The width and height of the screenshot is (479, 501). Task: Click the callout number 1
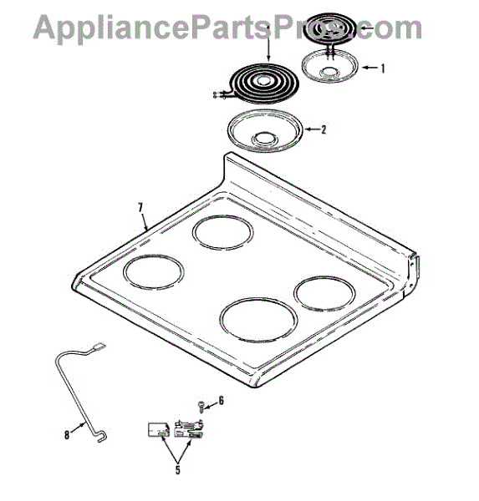[x=382, y=68]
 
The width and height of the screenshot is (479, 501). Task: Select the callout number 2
[x=324, y=129]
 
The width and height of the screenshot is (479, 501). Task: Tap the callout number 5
[x=177, y=470]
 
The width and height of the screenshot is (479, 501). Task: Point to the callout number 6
[x=221, y=400]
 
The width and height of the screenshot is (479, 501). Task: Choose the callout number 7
[x=140, y=208]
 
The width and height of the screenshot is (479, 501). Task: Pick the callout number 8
[x=67, y=434]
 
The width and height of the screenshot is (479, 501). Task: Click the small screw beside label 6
[x=201, y=407]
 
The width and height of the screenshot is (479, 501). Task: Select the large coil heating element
[x=263, y=83]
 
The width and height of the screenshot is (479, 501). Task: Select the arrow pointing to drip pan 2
[x=312, y=129]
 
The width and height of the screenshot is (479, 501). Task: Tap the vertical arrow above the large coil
[x=268, y=43]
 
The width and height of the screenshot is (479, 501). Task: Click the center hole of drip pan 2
[x=264, y=139]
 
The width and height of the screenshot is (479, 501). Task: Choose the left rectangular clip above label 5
[x=158, y=430]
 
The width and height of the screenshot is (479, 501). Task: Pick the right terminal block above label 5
[x=189, y=428]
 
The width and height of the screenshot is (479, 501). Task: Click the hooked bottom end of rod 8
[x=101, y=437]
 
